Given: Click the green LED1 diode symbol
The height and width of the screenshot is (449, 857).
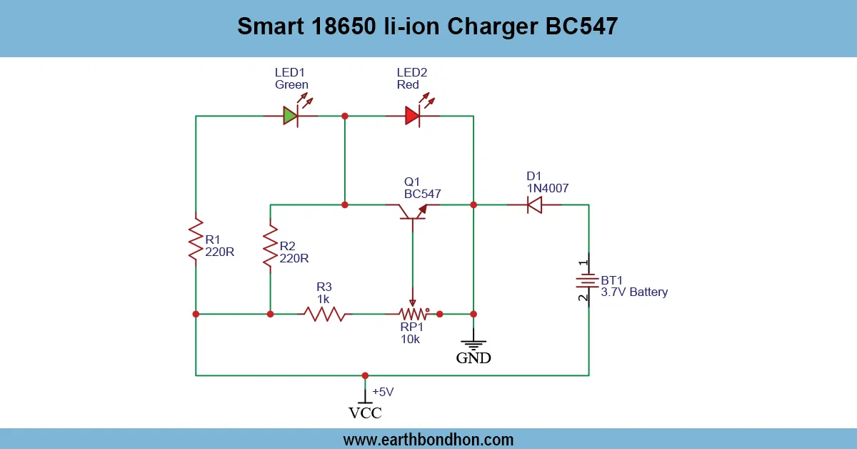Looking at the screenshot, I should [x=290, y=115].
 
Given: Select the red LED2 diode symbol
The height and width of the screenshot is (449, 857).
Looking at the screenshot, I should [x=412, y=115].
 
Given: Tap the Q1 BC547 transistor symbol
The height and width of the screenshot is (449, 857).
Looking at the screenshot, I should [x=413, y=209].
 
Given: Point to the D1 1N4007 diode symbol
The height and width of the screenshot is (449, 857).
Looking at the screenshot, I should [x=533, y=205].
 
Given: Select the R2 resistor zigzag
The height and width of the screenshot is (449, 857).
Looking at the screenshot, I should [x=270, y=245].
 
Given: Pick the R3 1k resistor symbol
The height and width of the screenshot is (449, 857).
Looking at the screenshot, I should [x=324, y=314].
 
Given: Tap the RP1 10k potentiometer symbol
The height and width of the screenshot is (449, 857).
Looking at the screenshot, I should [x=412, y=313].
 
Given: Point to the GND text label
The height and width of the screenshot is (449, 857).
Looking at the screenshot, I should [x=473, y=358].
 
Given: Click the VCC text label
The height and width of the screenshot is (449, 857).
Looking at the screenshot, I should [x=365, y=413].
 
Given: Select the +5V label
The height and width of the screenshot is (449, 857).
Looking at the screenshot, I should [x=384, y=392].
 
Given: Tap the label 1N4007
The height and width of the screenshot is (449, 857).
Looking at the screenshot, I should [x=547, y=189].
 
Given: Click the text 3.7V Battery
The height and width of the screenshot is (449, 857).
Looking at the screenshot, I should [x=633, y=292].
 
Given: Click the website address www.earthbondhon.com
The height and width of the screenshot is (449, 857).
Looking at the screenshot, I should [x=428, y=439].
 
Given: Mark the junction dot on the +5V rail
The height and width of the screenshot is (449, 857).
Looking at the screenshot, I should [x=365, y=375].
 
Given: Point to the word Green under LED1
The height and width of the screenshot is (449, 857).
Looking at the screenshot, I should [x=291, y=84].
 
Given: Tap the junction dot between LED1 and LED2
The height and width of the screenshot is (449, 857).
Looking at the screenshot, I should [x=345, y=115].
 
